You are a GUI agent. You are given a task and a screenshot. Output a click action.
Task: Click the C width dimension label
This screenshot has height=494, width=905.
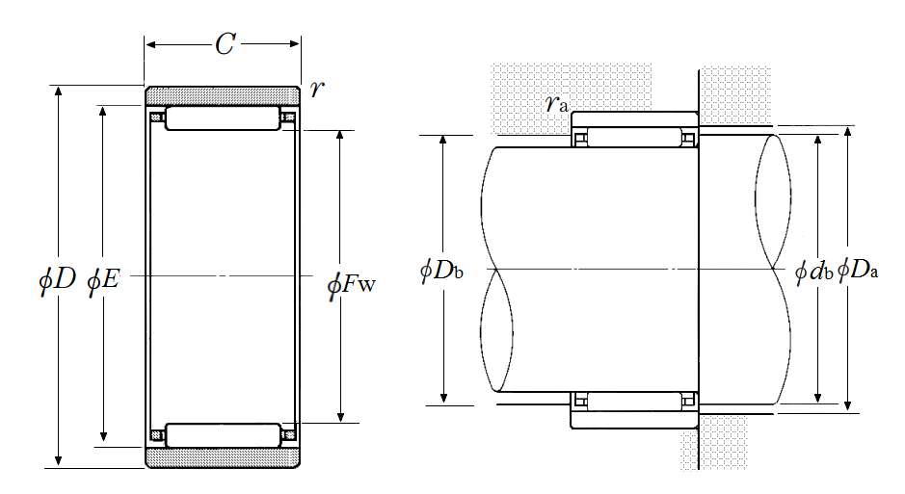[x=225, y=43]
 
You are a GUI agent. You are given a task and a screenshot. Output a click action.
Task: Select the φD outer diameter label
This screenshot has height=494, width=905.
[x=57, y=281]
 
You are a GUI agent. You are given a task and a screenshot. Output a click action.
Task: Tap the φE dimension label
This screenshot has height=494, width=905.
[x=103, y=281]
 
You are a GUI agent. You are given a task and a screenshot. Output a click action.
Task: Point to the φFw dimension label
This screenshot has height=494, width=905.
[x=351, y=284]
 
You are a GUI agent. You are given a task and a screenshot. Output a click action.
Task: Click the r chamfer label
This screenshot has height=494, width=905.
[x=316, y=89]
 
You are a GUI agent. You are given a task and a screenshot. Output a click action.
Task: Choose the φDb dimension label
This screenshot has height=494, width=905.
[x=441, y=270]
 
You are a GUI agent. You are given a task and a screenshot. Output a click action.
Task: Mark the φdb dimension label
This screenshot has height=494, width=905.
[x=813, y=272]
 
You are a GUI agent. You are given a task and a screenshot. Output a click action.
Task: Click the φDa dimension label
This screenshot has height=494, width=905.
[x=858, y=270]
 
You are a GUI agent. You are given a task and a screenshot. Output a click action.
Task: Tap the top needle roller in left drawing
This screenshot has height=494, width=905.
[x=223, y=118]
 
